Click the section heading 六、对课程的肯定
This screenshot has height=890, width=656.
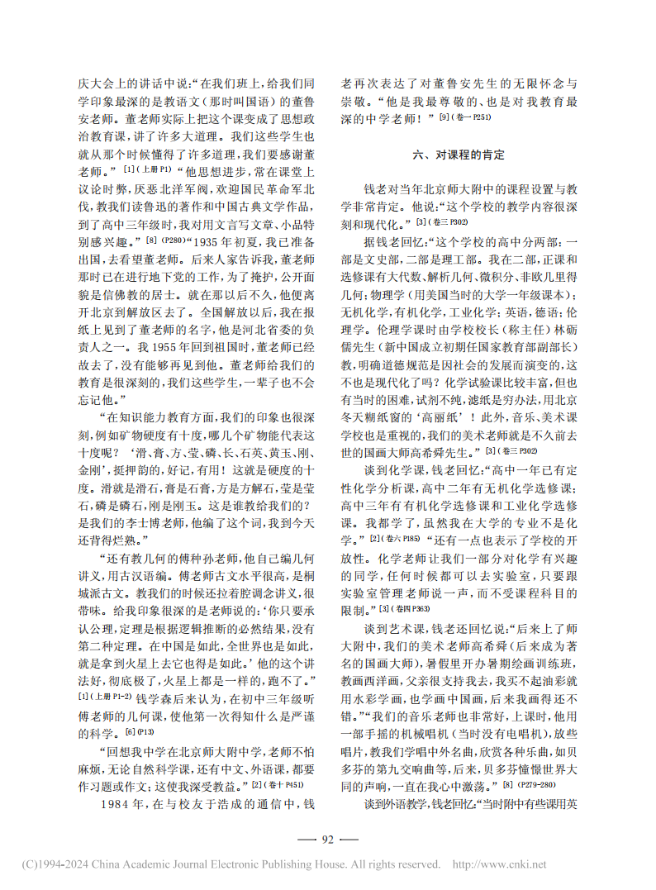459,155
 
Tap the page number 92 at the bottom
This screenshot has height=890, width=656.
327,840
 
